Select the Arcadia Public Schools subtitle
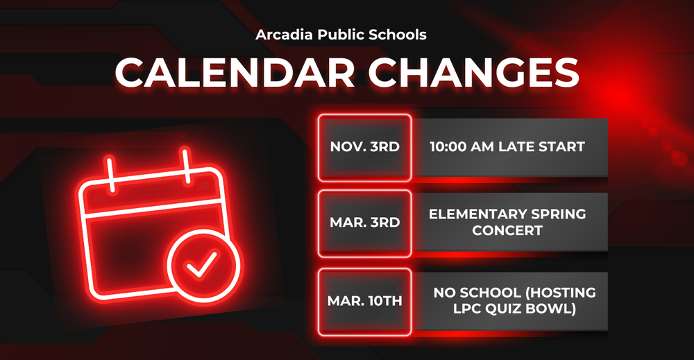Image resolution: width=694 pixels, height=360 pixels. tap(341, 34)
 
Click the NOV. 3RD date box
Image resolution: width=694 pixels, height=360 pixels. tap(364, 146)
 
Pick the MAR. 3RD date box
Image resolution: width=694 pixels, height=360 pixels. tap(364, 222)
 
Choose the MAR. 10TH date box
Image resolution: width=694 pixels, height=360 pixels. tap(364, 301)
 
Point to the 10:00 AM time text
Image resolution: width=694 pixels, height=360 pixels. tap(461, 146)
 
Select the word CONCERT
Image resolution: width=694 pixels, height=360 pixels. tap(507, 230)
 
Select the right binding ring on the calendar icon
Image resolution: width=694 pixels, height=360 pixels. tap(187, 161)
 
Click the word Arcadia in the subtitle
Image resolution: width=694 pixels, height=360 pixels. tap(281, 34)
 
